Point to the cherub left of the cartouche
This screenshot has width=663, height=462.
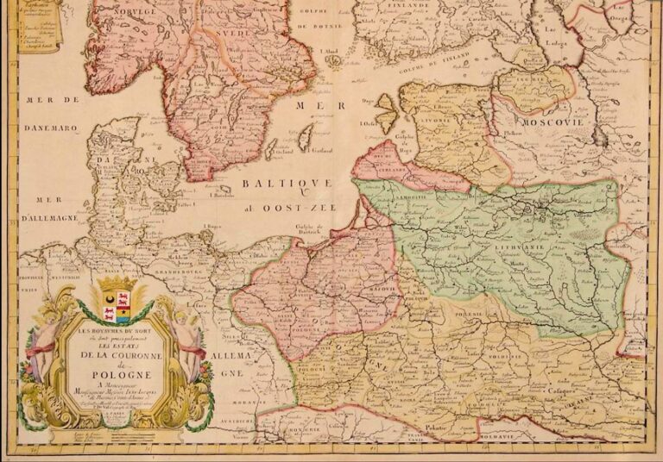click(42, 345)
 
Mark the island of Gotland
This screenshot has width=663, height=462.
click(305, 135)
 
